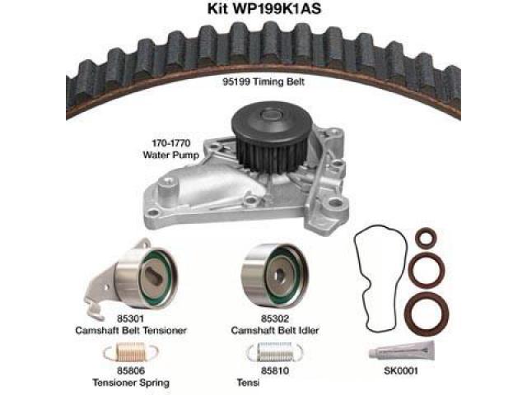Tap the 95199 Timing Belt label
263,81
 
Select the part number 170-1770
171,143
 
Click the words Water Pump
170,155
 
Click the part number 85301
130,318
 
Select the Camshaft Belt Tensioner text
131,331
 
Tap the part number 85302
275,318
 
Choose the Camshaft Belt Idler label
275,331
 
